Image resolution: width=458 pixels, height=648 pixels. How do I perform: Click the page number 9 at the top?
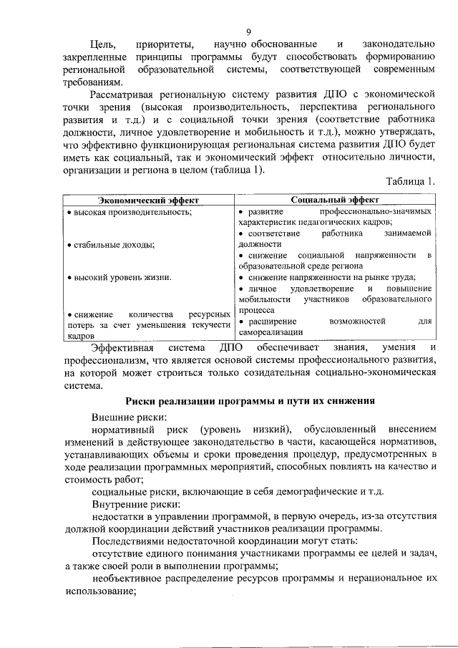[x=248, y=32]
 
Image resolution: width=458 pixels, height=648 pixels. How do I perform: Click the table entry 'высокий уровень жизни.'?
[x=120, y=277]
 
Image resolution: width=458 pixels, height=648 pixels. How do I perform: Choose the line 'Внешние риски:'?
[x=130, y=417]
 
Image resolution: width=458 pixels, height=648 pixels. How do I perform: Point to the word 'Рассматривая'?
[x=125, y=95]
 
